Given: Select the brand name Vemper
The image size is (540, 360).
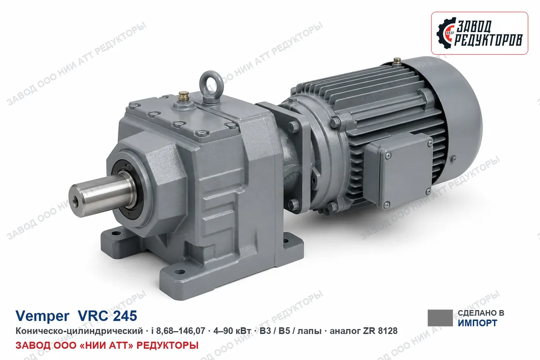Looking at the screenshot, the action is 42,316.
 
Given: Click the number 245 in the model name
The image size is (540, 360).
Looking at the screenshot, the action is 125,315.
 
